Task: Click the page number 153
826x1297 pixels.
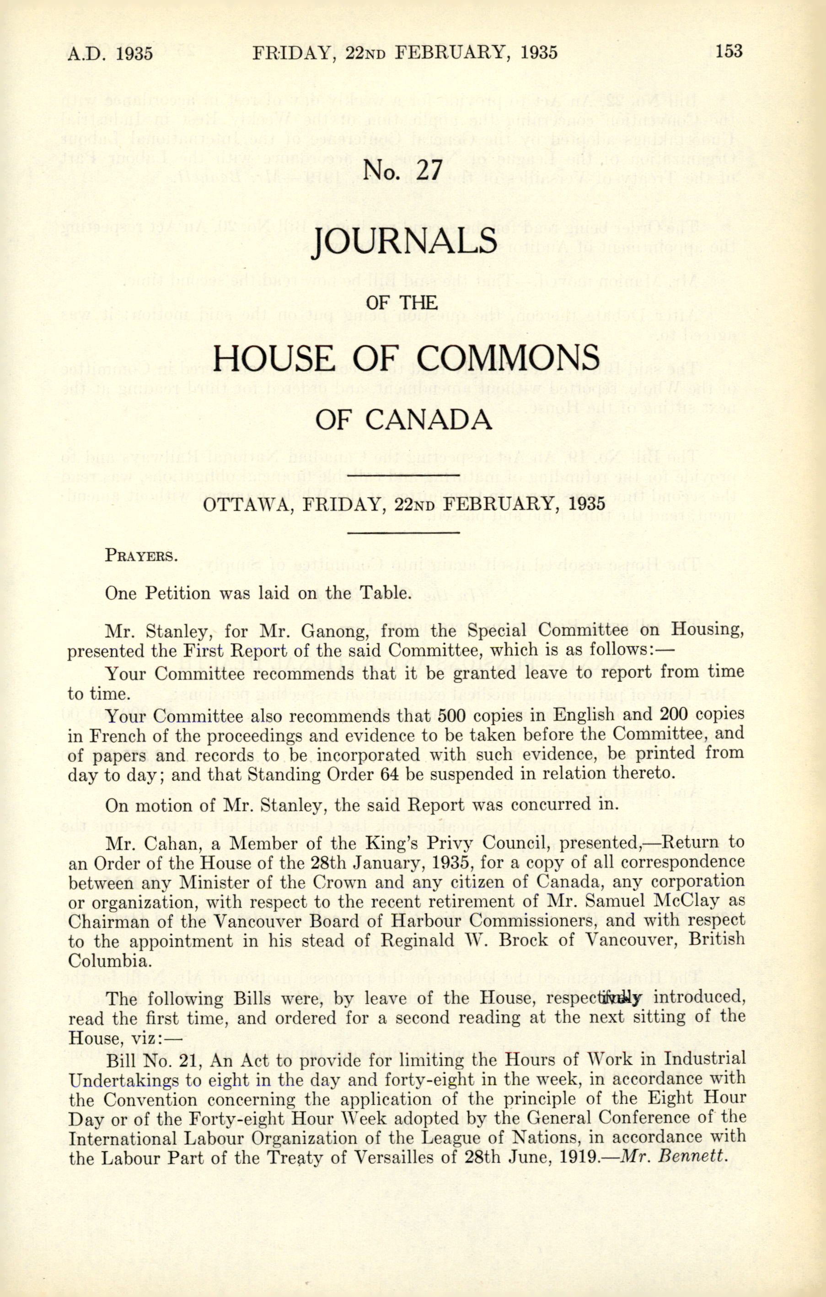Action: tap(729, 51)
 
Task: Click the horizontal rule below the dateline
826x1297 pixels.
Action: tap(404, 533)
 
